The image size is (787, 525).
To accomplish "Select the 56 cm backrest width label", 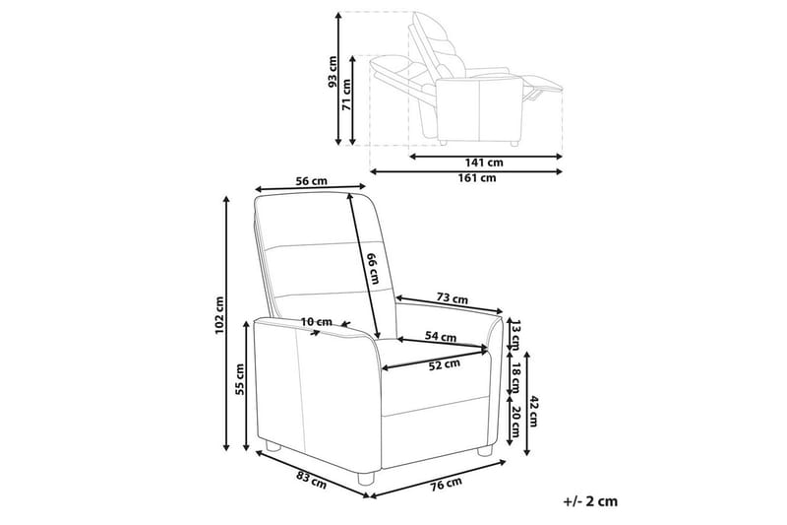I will [x=310, y=180].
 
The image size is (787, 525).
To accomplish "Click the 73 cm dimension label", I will [x=452, y=298].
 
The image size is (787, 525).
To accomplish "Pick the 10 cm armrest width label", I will [x=317, y=322].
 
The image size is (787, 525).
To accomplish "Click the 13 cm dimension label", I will [x=513, y=335].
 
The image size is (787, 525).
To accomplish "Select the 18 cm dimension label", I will [x=513, y=374].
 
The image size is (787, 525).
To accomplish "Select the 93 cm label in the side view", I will [x=333, y=72].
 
